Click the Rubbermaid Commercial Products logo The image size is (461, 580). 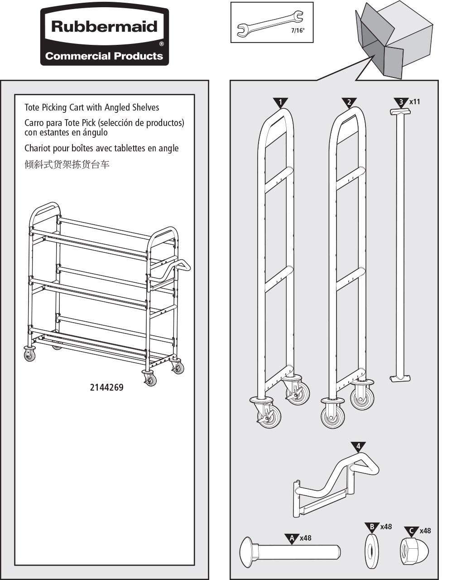click(x=105, y=37)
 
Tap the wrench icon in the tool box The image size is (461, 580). click(x=270, y=23)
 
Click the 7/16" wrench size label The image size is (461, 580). click(x=298, y=31)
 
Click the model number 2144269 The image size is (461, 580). click(x=106, y=387)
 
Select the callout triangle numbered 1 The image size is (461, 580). click(x=280, y=102)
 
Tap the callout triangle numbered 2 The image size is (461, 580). click(x=349, y=102)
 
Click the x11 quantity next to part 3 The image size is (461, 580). click(x=414, y=102)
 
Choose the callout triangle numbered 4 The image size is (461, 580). click(x=358, y=446)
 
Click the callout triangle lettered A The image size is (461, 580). click(x=292, y=538)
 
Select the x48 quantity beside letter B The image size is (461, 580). click(x=386, y=527)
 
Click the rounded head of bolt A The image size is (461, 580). click(x=247, y=552)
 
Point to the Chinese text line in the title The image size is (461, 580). click(x=67, y=164)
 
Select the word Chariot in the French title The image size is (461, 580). click(x=38, y=148)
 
